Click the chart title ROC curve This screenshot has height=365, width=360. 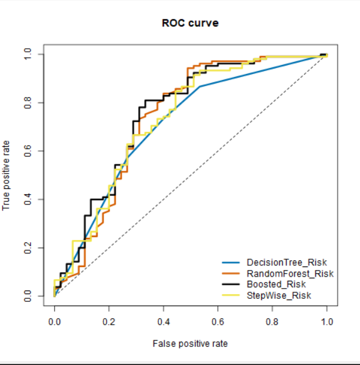click(190, 23)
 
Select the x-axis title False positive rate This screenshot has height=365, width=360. click(190, 343)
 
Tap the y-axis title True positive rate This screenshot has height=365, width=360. click(7, 175)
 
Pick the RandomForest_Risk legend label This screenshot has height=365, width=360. click(290, 274)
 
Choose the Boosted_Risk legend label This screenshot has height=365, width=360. click(276, 284)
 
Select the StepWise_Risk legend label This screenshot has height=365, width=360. click(279, 295)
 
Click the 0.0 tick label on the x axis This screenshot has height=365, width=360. click(54, 322)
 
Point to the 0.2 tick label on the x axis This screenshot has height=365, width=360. click(109, 322)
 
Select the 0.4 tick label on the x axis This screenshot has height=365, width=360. click(163, 322)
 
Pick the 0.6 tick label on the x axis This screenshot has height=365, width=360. click(218, 322)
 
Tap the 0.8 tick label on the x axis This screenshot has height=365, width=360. click(272, 322)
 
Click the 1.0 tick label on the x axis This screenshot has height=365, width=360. click(327, 322)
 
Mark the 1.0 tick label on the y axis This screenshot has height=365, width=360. click(26, 55)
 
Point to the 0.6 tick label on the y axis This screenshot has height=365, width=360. click(26, 151)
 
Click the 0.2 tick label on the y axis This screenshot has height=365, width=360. click(26, 248)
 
